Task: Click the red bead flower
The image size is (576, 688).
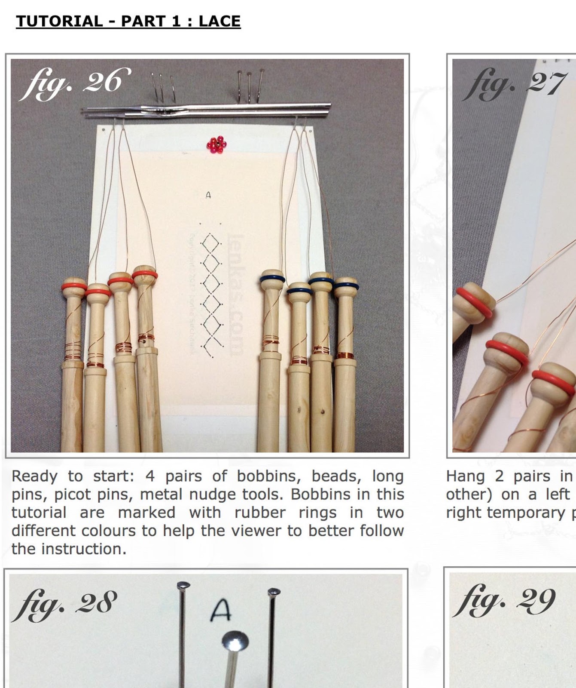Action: (x=216, y=144)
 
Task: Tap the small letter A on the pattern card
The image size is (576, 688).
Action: (x=208, y=195)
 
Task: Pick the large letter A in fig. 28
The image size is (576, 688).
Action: (x=221, y=610)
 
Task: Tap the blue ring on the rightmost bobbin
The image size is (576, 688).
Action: (x=346, y=284)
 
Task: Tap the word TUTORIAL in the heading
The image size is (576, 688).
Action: (x=59, y=21)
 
